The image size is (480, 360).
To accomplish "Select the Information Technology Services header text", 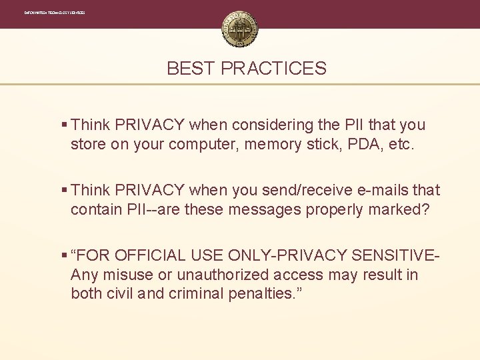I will pyautogui.click(x=55, y=13).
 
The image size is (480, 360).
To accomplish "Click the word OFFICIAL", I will pyautogui.click(x=149, y=255).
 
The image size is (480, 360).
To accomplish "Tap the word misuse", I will pyautogui.click(x=121, y=275).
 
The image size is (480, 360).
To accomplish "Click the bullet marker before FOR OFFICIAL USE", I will pyautogui.click(x=63, y=255).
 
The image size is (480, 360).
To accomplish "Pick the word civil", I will pyautogui.click(x=119, y=294).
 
